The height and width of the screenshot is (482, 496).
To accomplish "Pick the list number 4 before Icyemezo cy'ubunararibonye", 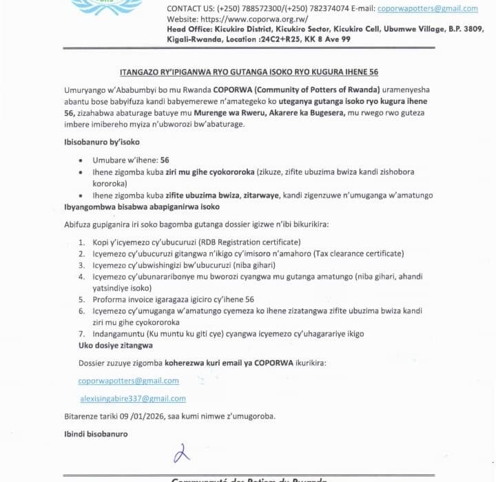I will (81, 277).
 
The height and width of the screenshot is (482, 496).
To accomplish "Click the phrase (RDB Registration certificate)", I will (249, 242).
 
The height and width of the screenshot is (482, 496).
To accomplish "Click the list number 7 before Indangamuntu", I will (81, 334).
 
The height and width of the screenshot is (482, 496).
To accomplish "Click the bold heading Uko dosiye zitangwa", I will (115, 345).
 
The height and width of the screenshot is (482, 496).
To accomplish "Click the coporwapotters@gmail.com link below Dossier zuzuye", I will (128, 381).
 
